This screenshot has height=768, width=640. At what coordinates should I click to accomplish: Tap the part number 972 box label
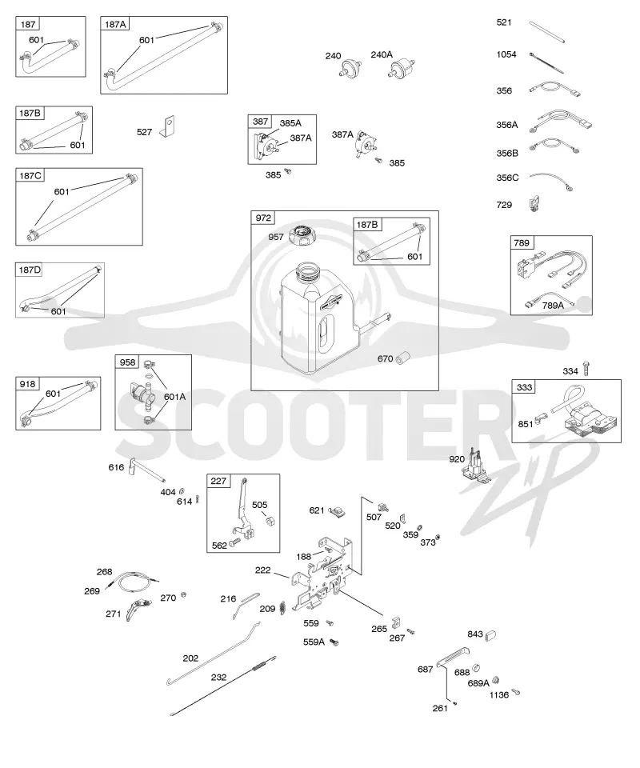click(x=263, y=218)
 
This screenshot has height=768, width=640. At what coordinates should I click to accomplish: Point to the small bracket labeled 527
click(x=169, y=126)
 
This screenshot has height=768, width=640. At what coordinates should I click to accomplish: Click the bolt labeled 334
click(x=587, y=369)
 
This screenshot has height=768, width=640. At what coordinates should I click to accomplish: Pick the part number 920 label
click(x=457, y=459)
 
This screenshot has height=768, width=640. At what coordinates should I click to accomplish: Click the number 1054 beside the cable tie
click(x=506, y=54)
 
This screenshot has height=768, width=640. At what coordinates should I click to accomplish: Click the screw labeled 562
click(x=235, y=542)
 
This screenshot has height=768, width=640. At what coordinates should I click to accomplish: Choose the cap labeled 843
click(x=490, y=635)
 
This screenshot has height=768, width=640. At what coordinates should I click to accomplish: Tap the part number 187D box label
click(x=30, y=270)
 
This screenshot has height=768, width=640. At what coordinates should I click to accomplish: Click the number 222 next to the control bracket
click(x=263, y=570)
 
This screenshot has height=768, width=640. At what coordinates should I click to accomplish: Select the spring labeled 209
click(x=282, y=608)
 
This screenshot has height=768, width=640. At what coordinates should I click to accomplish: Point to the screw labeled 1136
click(x=515, y=692)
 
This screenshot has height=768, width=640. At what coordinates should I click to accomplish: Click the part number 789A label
click(x=553, y=306)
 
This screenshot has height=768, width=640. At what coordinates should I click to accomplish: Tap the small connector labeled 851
click(x=541, y=418)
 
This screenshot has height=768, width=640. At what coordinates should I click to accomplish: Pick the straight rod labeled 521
click(x=548, y=32)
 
